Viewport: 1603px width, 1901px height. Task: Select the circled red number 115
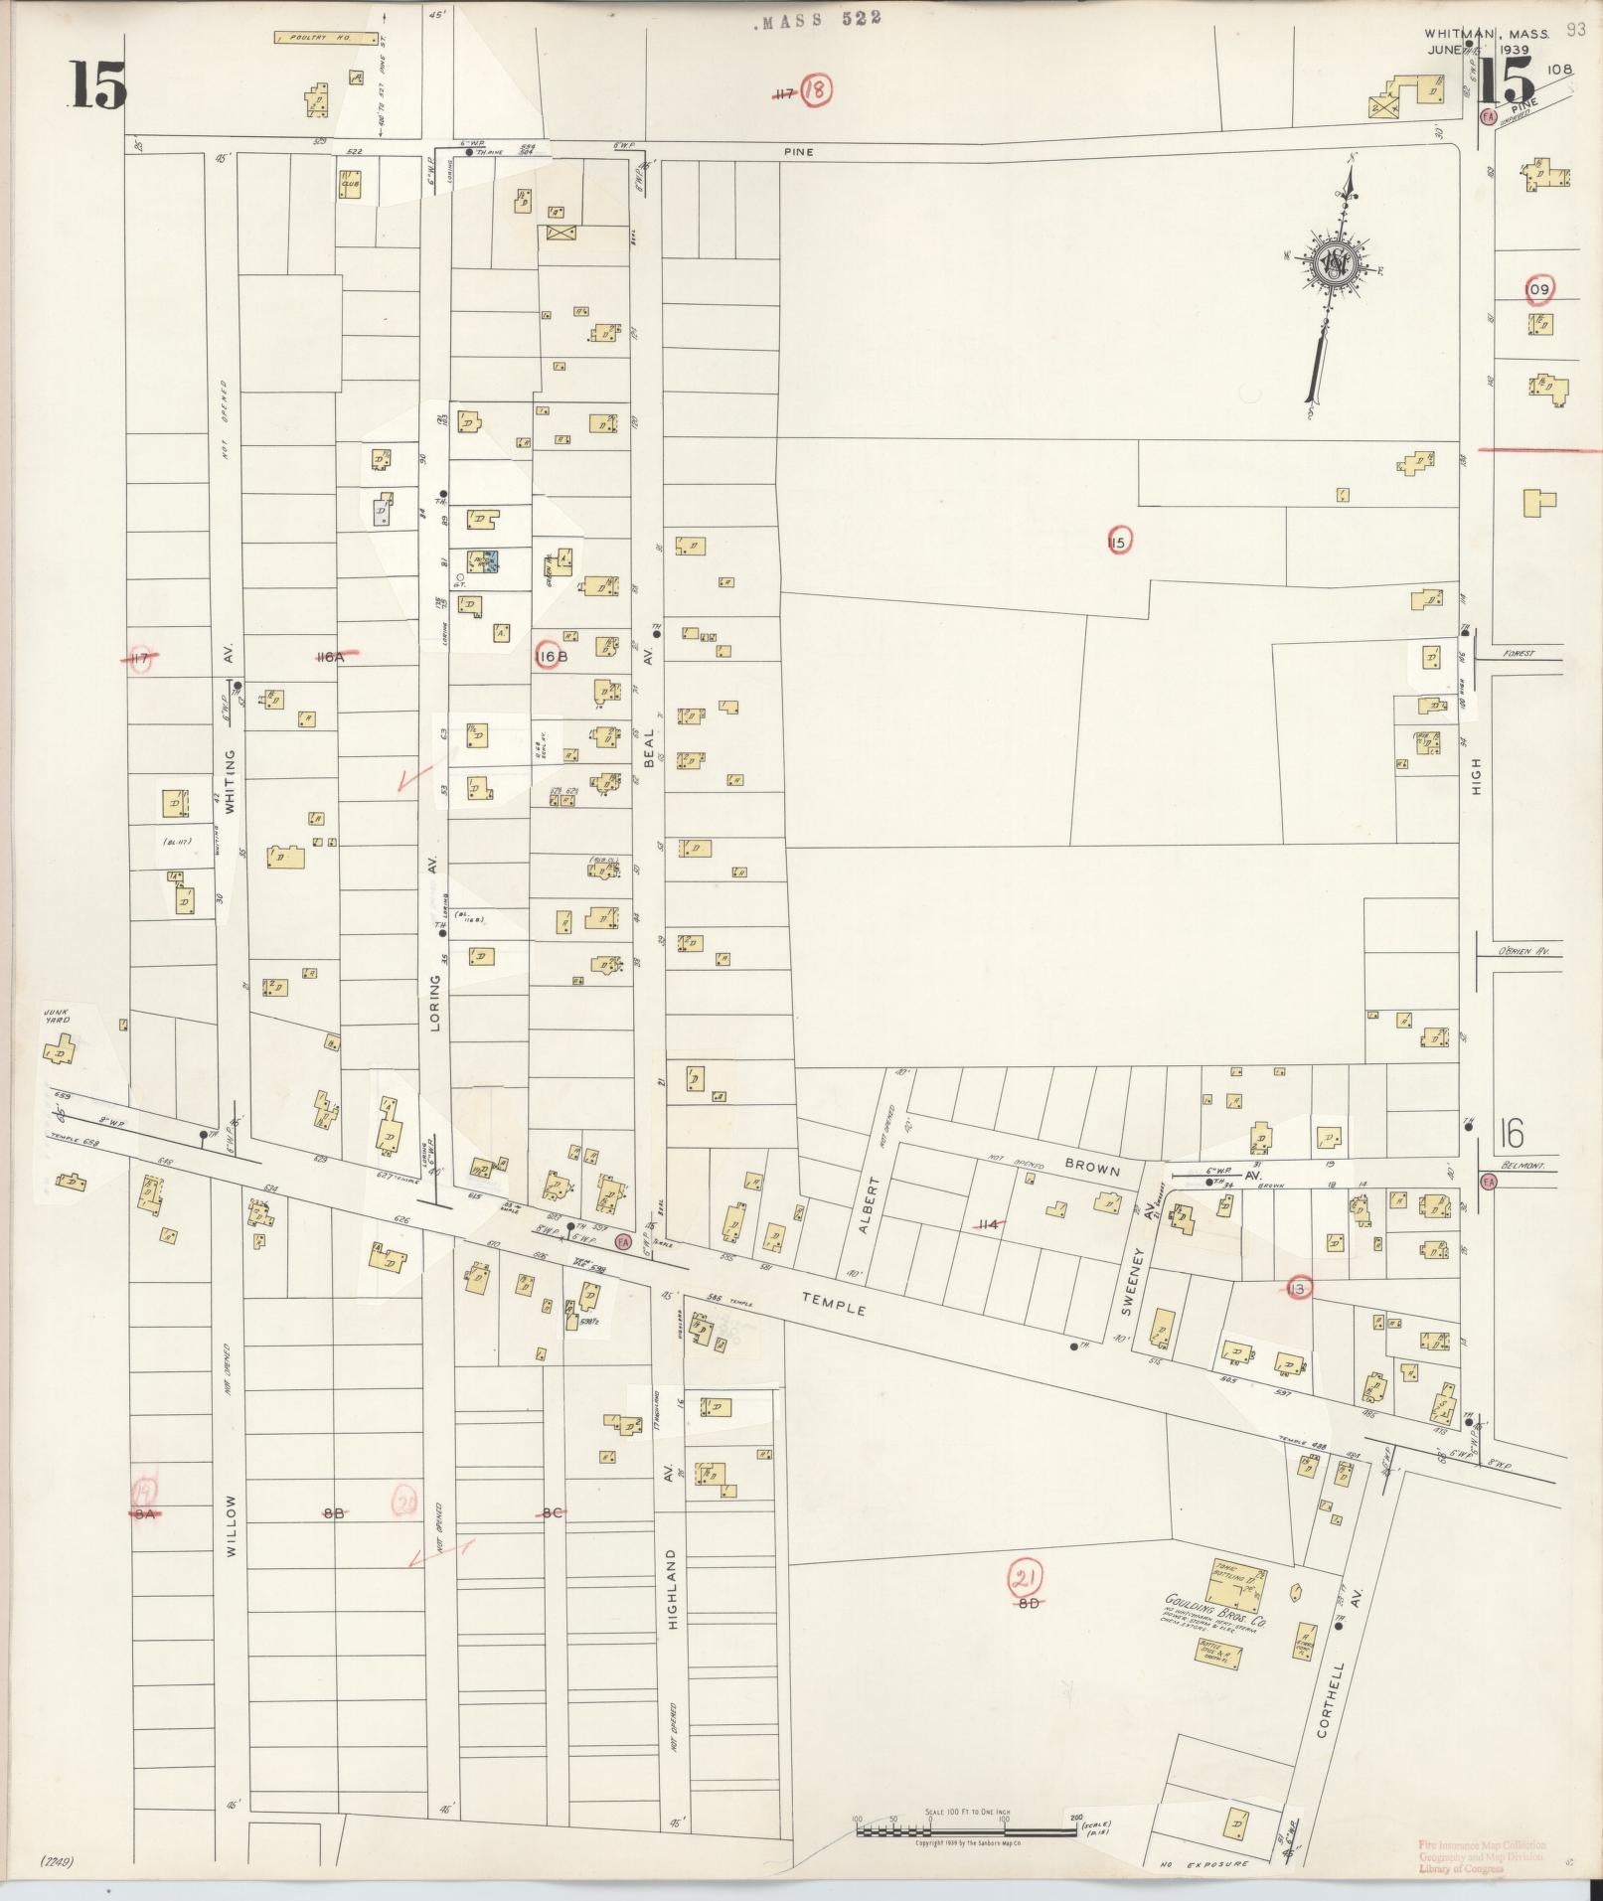pos(1118,542)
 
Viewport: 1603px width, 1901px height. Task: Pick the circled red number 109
pos(1537,289)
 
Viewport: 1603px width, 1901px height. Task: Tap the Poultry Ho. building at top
pos(327,39)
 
